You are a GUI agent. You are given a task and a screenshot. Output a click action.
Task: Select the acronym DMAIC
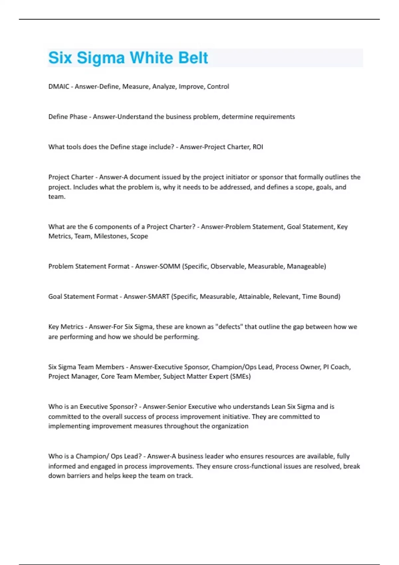(59, 87)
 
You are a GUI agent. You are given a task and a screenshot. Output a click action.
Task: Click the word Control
(218, 87)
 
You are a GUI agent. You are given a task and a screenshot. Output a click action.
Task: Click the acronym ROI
(258, 147)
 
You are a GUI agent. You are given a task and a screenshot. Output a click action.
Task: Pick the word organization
(230, 426)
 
